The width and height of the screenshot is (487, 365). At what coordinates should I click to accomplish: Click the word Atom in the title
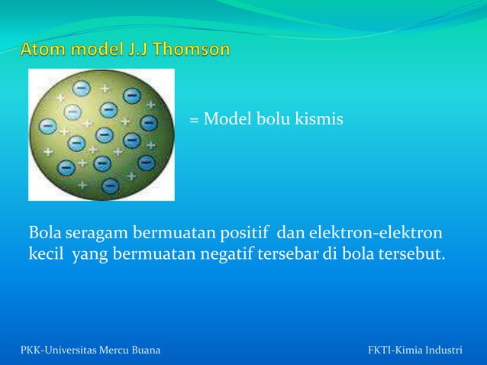[x=44, y=50]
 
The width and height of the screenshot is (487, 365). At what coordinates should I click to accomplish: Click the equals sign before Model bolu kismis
[x=194, y=121]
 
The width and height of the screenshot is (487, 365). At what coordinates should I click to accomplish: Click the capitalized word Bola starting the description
[x=44, y=231]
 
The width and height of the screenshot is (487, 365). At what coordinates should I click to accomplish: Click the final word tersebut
[x=411, y=253]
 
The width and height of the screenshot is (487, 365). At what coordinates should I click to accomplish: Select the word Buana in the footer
[x=144, y=350]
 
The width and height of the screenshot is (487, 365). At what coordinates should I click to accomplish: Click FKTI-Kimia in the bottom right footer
[x=393, y=350]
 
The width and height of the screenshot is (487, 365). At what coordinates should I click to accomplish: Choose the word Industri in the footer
[x=442, y=350]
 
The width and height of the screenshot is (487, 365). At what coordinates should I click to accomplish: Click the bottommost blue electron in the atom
[x=111, y=185]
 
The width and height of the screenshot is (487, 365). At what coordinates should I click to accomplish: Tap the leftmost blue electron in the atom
[x=66, y=166]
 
